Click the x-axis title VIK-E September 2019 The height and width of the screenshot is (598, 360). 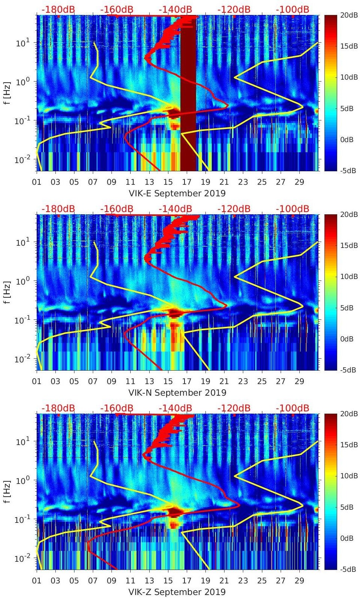[177, 193]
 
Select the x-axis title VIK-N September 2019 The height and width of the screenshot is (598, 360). [177, 393]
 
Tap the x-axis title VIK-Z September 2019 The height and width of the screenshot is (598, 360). [177, 592]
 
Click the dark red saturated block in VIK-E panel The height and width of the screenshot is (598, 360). [188, 93]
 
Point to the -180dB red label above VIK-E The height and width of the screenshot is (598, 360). [58, 9]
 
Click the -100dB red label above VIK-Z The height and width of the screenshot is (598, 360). [292, 408]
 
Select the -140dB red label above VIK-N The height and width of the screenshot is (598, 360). [175, 209]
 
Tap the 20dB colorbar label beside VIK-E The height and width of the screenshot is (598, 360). [347, 15]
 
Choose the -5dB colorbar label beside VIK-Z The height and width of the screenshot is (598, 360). [347, 570]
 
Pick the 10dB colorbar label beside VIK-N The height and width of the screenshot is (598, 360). [347, 276]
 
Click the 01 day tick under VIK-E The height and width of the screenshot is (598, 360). [37, 182]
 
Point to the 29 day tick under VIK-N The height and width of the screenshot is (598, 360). [299, 381]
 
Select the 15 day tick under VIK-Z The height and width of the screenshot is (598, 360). [168, 581]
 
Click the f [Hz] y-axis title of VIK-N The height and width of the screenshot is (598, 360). [8, 292]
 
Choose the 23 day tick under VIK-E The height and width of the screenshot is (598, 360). [243, 182]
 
